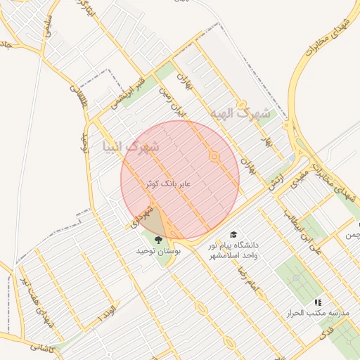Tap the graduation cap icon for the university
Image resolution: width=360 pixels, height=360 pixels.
pos(233,235)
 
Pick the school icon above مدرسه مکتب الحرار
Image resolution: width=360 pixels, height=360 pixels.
pos(317,302)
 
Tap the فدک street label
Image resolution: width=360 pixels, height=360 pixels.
pos(328,337)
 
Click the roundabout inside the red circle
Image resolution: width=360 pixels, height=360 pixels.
pos(214,157)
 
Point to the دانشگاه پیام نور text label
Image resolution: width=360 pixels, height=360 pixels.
pos(233,245)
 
